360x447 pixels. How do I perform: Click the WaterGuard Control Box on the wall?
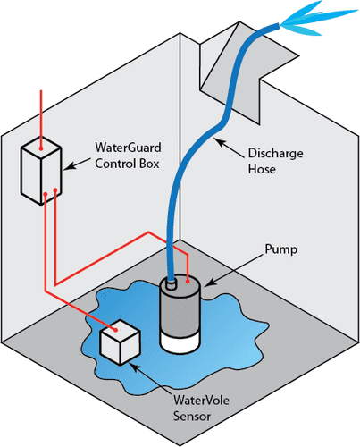40,170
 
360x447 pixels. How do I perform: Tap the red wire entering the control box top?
39,112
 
